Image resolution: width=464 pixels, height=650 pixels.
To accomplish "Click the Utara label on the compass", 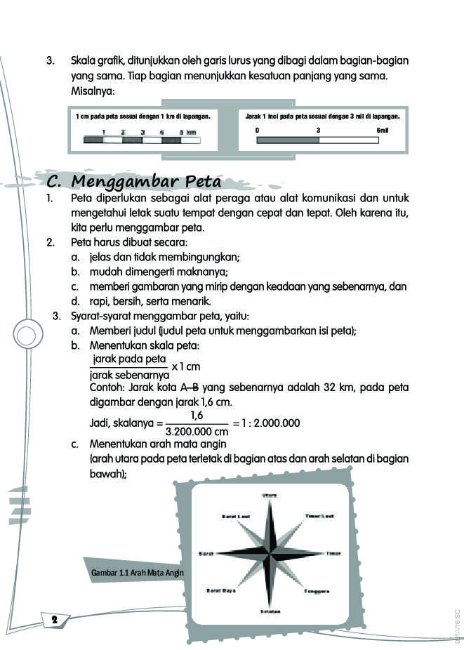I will pos(270,495).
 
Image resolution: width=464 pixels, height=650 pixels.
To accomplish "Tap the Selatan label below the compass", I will pos(270,611).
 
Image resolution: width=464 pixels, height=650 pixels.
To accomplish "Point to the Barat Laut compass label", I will pos(236,517).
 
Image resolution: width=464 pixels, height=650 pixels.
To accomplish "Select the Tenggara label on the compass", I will pos(317,591).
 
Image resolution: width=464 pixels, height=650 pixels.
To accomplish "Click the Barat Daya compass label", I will pos(220,590).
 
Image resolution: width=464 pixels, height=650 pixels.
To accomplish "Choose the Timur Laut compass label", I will pos(319,516).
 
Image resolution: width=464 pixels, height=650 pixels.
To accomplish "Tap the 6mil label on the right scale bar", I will pos(383,131).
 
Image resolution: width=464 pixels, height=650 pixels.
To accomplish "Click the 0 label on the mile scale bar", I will pos(258,131).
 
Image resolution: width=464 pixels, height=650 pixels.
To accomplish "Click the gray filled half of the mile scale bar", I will pos(288,140).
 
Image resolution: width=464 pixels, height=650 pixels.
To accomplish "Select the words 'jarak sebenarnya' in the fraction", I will pos(126,374).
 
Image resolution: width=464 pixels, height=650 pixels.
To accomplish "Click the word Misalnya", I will pos(93,92).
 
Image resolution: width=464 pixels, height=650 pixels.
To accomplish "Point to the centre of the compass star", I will pos(270,553).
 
